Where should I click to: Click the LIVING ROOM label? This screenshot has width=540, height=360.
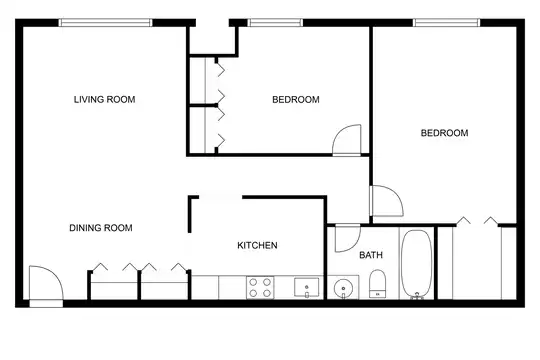(x=104, y=100)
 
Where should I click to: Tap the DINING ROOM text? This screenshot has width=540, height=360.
(x=101, y=228)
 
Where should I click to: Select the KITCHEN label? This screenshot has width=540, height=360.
(x=257, y=245)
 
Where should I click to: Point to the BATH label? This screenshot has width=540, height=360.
(x=371, y=255)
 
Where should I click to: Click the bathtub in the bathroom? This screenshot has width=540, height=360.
(x=416, y=264)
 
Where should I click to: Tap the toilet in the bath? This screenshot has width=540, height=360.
(x=377, y=284)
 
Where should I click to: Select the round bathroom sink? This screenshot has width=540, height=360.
(x=343, y=287)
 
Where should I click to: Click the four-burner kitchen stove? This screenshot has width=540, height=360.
(x=260, y=287)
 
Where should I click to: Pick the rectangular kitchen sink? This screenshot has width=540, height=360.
(x=307, y=287)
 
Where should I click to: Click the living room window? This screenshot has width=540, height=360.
(x=105, y=23)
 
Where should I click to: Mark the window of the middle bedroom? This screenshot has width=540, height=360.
(x=275, y=23)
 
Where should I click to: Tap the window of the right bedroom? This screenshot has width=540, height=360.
(x=446, y=23)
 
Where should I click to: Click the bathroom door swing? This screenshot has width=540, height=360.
(x=347, y=238)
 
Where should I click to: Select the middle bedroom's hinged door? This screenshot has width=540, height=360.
(x=347, y=140)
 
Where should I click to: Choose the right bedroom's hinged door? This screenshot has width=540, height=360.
(x=386, y=201)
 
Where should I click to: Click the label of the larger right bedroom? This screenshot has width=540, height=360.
(x=444, y=133)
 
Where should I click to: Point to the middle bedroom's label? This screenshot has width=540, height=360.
(x=296, y=100)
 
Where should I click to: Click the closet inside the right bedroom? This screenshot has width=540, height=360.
(x=477, y=263)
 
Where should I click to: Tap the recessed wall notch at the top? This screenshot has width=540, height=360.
(x=212, y=39)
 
